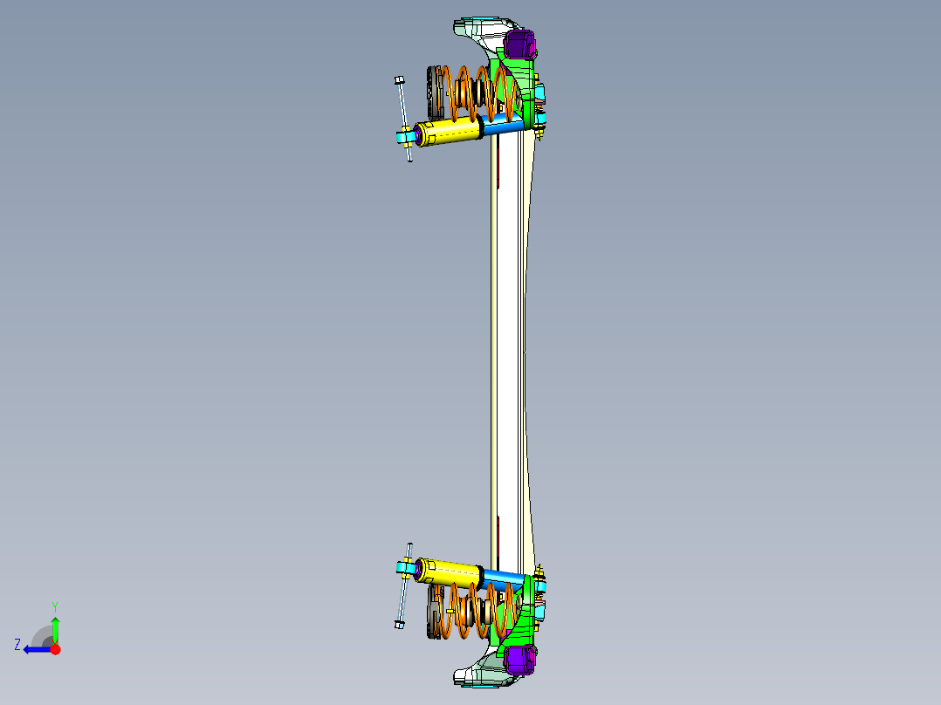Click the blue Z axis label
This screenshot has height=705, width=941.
17,644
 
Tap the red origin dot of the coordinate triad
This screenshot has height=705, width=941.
55,649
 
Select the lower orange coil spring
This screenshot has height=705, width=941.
476,611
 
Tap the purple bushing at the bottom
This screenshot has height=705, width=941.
520,661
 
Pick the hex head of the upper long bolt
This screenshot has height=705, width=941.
399,80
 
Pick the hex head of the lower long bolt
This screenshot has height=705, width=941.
398,624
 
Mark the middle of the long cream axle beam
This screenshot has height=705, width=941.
509,349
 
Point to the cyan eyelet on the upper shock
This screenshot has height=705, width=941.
405,137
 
